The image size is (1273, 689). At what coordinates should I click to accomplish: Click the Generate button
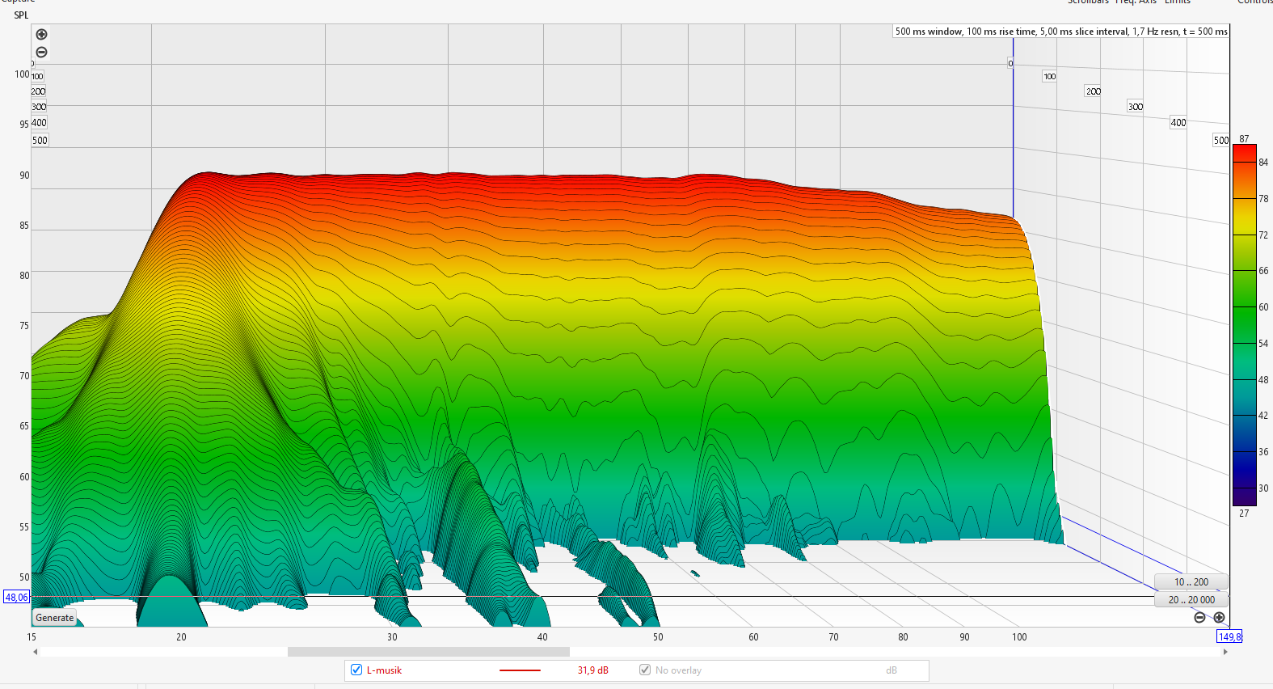coord(55,618)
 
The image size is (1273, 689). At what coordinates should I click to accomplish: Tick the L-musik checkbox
coord(356,670)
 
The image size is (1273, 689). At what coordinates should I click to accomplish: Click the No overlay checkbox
coord(645,670)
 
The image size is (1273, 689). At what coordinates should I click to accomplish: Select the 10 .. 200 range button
coord(1191,582)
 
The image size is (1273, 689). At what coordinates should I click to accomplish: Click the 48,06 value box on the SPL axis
coord(16,598)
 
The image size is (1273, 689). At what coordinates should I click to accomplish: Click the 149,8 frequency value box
coord(1229,637)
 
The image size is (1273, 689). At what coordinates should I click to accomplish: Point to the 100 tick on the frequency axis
coord(1019,637)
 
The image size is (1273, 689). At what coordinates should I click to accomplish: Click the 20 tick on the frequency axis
coord(181,637)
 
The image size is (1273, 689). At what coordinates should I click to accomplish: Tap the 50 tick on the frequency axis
coord(658,637)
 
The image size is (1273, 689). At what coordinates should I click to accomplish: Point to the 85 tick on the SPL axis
coord(24,226)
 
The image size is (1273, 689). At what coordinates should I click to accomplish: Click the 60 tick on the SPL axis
coord(24,477)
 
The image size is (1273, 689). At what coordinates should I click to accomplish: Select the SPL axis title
coord(21,15)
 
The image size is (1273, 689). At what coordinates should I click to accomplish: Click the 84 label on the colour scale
coord(1263,163)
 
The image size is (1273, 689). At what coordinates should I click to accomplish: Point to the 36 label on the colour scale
coord(1263,452)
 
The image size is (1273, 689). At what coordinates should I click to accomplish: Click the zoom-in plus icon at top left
coord(42,35)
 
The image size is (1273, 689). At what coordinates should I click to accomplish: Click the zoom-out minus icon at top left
coord(42,53)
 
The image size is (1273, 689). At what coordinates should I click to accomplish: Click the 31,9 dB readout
coord(592,670)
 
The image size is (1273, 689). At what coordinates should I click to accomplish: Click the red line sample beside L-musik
coord(520,670)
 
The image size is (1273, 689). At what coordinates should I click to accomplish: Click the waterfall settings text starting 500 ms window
coord(1060,32)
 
